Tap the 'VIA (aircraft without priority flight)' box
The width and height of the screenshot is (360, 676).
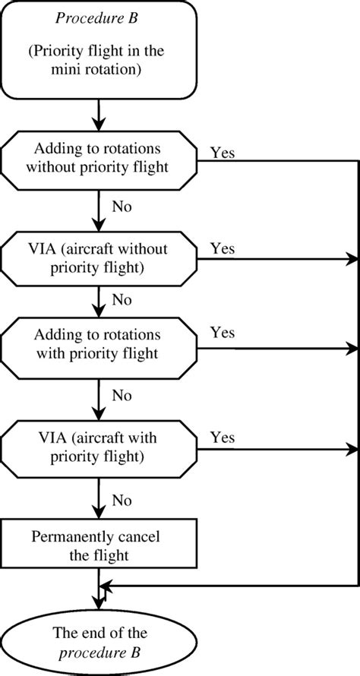pyautogui.click(x=99, y=259)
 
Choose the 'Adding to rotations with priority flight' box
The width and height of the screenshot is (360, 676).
pyautogui.click(x=99, y=345)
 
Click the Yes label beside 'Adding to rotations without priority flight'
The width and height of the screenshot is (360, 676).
pyautogui.click(x=222, y=152)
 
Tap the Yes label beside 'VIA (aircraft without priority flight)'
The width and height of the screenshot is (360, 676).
pyautogui.click(x=222, y=248)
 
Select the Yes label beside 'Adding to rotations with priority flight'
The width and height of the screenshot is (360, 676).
pyautogui.click(x=222, y=333)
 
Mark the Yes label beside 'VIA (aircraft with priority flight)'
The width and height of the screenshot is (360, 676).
pyautogui.click(x=222, y=438)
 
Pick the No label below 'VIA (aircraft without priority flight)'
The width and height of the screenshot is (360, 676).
pyautogui.click(x=122, y=299)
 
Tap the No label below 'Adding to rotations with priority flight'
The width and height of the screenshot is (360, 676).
pyautogui.click(x=122, y=395)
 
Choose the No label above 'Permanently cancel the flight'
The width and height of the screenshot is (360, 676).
pyautogui.click(x=122, y=501)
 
